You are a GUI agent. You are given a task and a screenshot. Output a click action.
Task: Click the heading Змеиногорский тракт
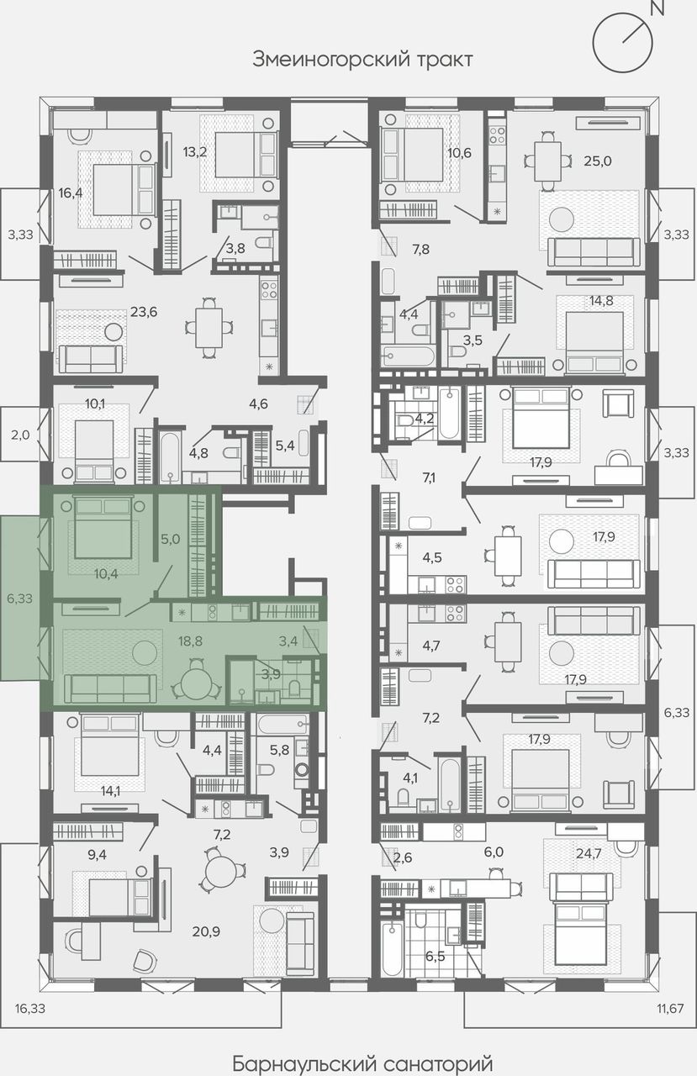(362, 60)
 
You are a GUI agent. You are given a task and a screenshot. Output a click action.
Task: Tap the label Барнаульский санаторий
(362, 1063)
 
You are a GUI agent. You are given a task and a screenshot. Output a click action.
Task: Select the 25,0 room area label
(598, 161)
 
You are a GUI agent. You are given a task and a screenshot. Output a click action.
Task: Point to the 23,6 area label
(144, 312)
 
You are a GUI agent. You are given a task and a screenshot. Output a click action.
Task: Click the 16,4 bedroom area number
(71, 193)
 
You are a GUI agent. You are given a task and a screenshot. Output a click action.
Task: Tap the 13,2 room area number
(194, 152)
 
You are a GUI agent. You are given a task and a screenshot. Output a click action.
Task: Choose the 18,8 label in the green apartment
(190, 641)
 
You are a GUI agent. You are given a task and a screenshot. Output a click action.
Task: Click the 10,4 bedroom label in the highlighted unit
(106, 573)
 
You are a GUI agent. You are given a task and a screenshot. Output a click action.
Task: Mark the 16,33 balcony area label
(29, 1008)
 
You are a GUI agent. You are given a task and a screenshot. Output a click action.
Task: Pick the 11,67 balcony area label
(670, 1008)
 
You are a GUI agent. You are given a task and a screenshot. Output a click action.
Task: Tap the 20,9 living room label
(206, 932)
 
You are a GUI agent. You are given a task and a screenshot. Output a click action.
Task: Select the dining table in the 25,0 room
(548, 161)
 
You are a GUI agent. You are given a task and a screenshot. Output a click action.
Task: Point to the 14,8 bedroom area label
(601, 301)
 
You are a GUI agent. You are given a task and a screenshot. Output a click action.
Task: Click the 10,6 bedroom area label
(459, 153)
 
